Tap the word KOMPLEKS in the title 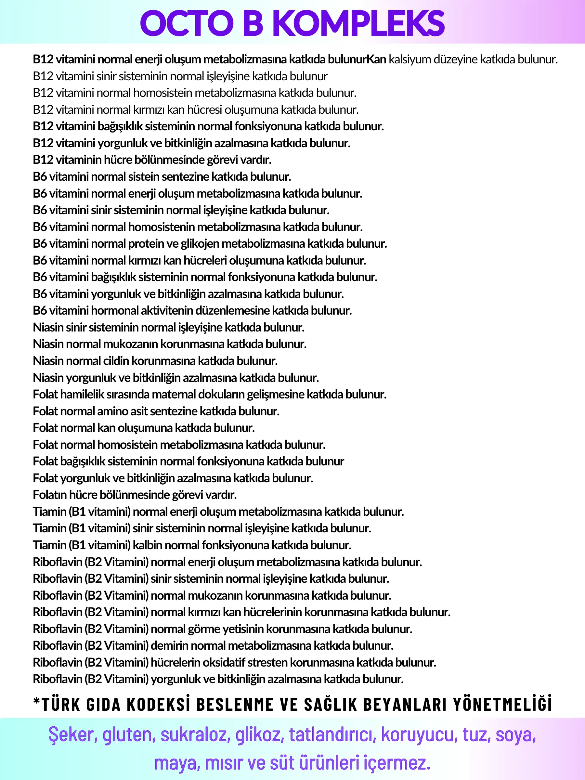click(358, 23)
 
